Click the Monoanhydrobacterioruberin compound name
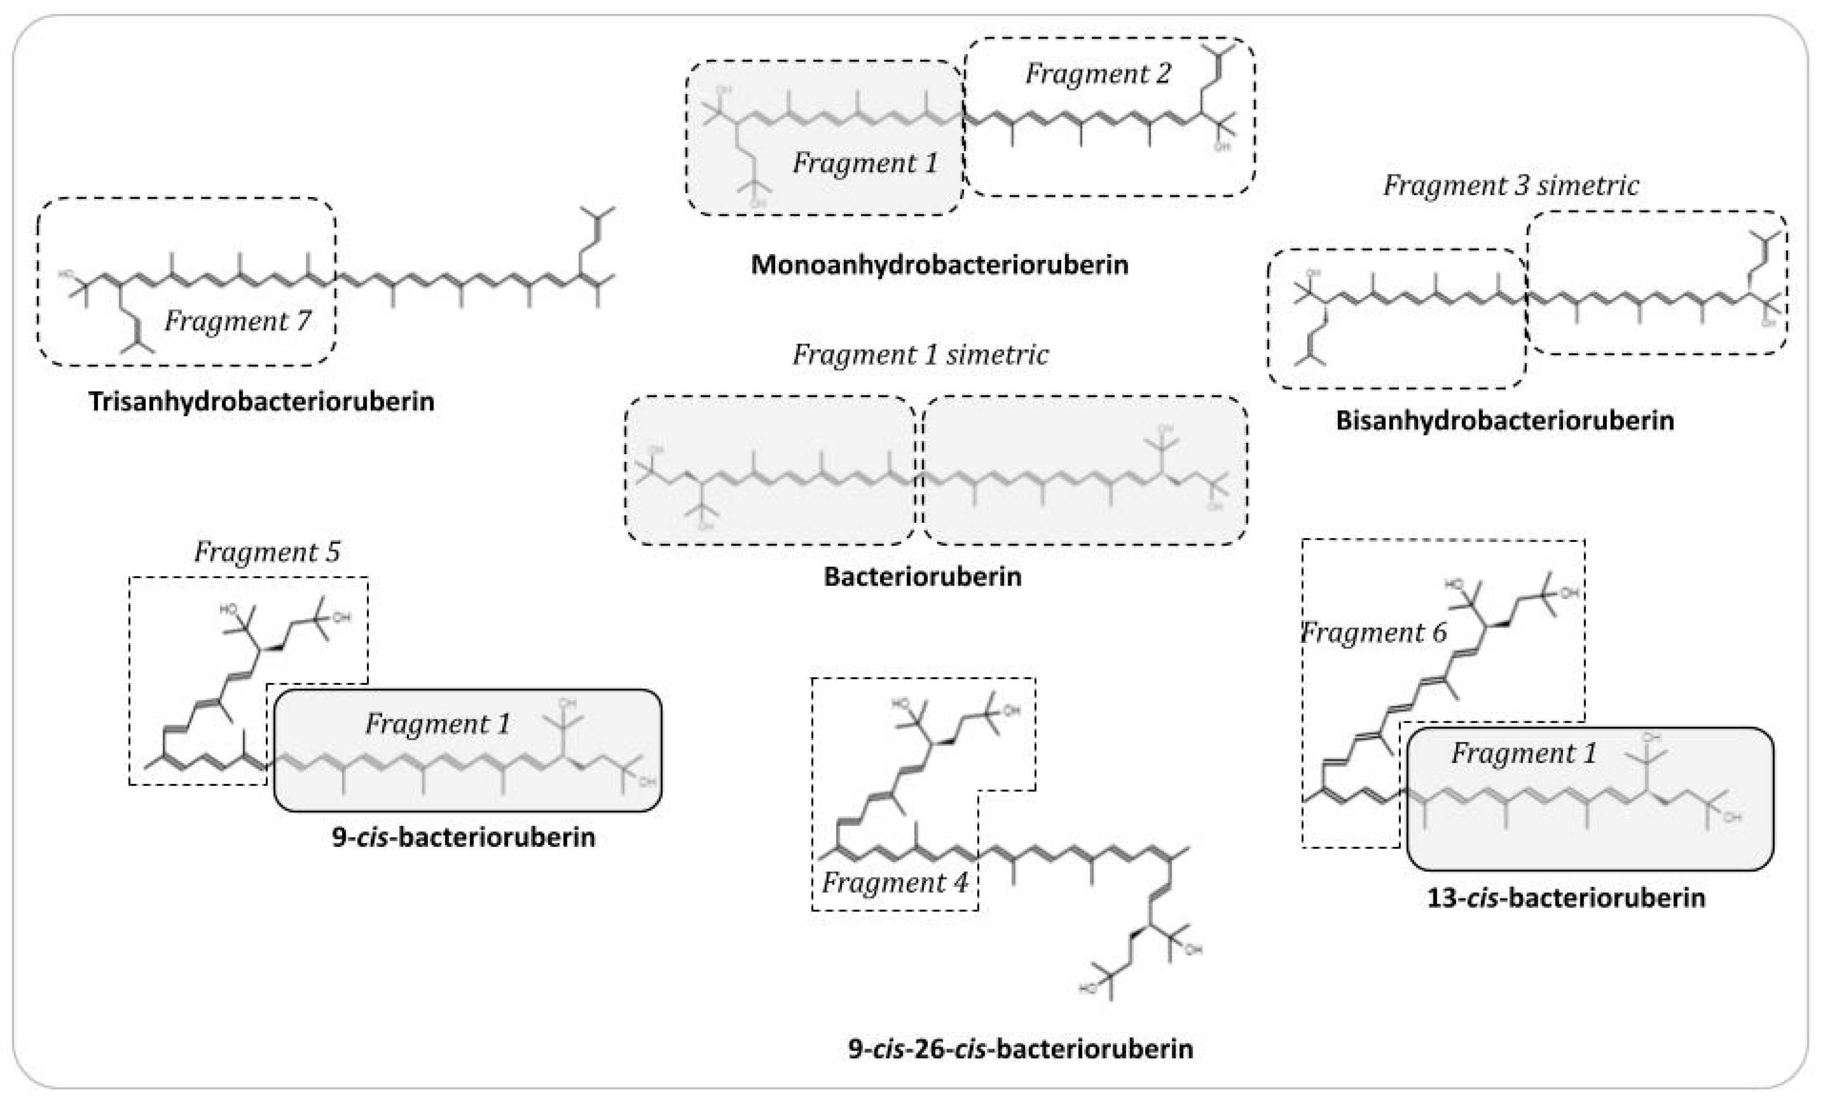tap(939, 265)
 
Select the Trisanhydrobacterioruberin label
tap(261, 401)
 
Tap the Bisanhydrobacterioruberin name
tap(1504, 420)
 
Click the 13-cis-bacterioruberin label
tap(1566, 898)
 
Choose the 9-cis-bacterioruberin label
tap(463, 837)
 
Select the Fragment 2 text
tap(1098, 74)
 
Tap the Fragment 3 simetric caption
tap(1511, 185)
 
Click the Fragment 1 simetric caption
tap(920, 355)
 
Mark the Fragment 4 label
tap(894, 882)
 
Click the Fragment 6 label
tap(1373, 632)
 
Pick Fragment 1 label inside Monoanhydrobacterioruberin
tap(865, 163)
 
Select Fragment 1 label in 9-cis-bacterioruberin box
tap(437, 723)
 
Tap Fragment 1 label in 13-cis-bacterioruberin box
tap(1523, 753)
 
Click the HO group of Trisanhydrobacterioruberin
tap(67, 275)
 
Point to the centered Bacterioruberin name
tap(922, 576)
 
